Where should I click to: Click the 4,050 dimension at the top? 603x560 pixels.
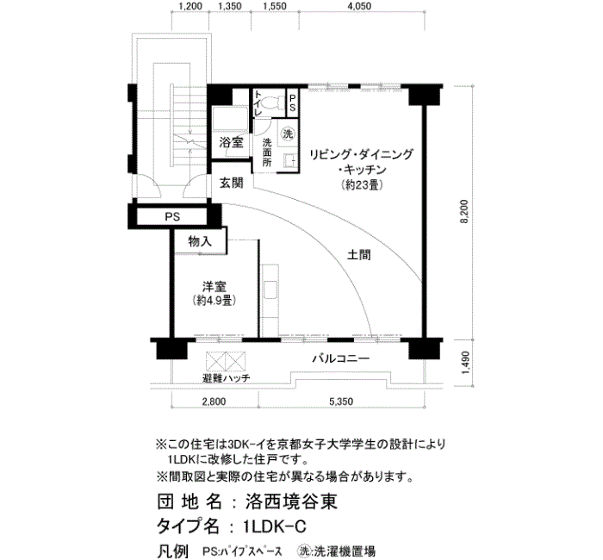358,6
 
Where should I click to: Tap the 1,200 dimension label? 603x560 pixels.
190,6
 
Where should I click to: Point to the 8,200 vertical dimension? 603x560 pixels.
465,212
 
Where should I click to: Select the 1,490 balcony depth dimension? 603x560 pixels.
465,363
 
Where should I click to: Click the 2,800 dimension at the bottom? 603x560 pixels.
214,401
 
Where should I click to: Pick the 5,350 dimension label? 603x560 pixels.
341,401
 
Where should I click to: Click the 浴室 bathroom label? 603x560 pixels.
231,143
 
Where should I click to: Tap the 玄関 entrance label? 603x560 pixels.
231,183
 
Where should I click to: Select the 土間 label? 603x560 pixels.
359,255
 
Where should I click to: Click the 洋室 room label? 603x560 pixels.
214,287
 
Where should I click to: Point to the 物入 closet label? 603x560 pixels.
200,241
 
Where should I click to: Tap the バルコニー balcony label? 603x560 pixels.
341,359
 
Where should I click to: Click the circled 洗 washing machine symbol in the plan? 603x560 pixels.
288,134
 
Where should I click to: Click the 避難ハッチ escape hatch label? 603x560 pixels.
226,378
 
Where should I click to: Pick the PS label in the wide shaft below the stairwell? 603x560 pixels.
172,217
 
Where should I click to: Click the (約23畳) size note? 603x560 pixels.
362,185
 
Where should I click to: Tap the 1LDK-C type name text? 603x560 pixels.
275,526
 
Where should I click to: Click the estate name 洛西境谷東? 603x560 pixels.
291,502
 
